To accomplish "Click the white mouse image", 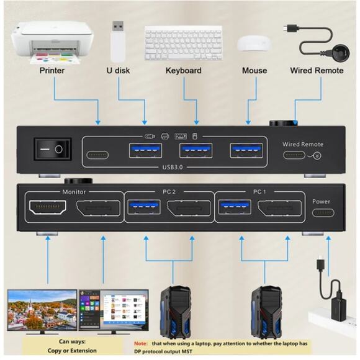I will (x=254, y=43).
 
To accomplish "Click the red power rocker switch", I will (x=53, y=149).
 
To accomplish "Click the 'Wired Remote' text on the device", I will (x=303, y=144).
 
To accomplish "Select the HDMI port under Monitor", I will (x=48, y=209).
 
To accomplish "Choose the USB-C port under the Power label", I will (x=322, y=212).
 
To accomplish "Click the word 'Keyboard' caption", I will (x=184, y=70).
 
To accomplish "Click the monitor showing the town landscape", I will (x=42, y=310).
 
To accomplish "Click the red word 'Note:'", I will (x=142, y=343).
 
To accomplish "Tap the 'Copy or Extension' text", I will (x=78, y=350).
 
